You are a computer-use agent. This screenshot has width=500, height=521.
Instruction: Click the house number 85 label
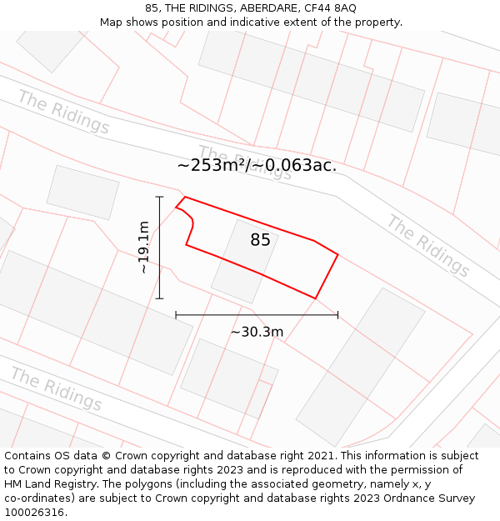point(260,240)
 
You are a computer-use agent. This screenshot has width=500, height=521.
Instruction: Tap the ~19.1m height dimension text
point(144,248)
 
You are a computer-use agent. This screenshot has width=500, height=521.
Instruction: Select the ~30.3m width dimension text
point(257,332)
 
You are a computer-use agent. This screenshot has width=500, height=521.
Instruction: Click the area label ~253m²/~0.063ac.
point(257,165)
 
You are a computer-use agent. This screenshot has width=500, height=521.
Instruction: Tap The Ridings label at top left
point(63,112)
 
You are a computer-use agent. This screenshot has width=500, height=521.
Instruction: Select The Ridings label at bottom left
point(56,389)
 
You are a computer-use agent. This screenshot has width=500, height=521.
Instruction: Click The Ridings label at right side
point(428,245)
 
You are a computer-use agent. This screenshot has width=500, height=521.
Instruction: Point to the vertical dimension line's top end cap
point(159,197)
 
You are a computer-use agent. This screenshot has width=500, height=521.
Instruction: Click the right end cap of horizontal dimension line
point(337,315)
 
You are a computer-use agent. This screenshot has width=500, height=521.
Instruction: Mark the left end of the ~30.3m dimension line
point(176,315)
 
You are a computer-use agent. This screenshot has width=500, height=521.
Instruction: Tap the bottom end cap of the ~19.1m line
point(159,298)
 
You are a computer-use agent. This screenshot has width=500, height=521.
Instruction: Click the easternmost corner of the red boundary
point(337,255)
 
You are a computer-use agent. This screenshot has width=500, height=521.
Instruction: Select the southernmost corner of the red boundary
point(316,298)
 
